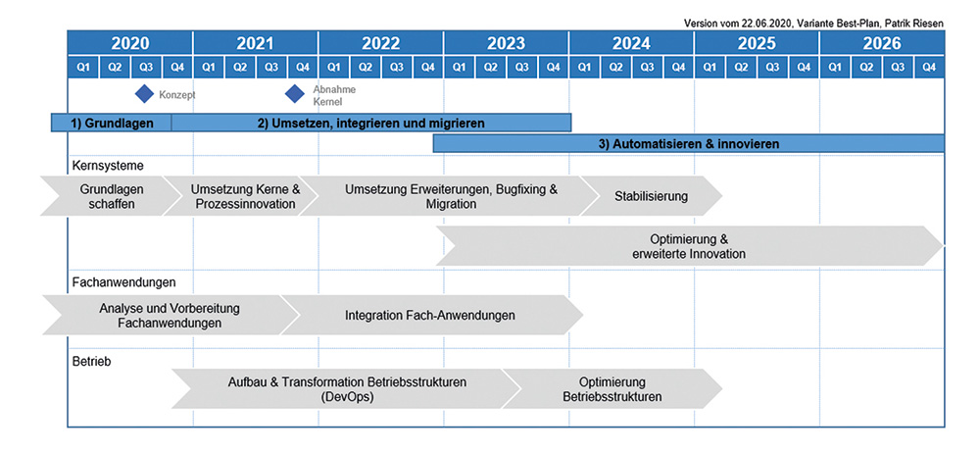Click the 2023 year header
[507, 43]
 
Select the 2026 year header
[882, 43]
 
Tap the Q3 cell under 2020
[146, 67]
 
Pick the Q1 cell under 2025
[710, 67]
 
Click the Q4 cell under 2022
[428, 67]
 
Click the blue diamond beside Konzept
[145, 94]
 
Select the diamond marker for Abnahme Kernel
[294, 94]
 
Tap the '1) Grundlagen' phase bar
[112, 124]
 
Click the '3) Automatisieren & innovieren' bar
[689, 144]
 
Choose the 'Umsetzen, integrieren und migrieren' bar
[371, 124]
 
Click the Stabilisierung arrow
[651, 196]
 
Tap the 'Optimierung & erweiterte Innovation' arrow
[690, 246]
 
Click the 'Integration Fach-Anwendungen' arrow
[431, 315]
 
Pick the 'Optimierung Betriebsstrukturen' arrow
[612, 389]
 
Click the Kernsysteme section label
[108, 167]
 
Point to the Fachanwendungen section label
[124, 282]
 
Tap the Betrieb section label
[92, 361]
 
